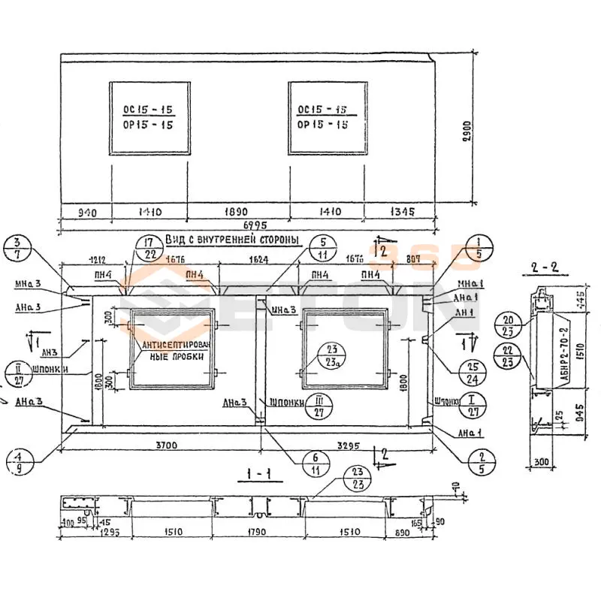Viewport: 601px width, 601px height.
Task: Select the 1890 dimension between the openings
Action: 237,212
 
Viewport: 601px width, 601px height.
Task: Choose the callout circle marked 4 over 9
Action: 20,460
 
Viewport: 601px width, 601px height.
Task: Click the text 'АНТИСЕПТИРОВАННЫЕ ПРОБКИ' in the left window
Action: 173,351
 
